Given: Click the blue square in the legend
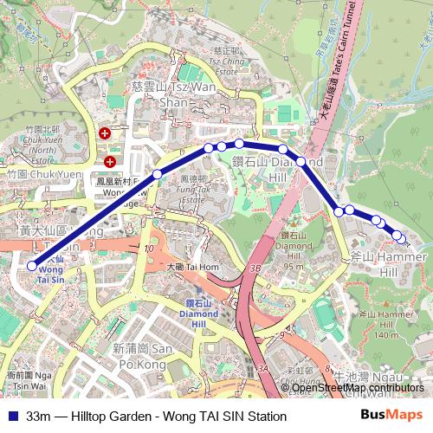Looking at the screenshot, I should pyautogui.click(x=12, y=417).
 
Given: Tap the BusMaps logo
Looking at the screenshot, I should pyautogui.click(x=391, y=416).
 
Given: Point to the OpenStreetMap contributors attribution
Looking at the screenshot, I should pyautogui.click(x=358, y=388).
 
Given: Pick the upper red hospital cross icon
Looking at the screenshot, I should pyautogui.click(x=105, y=133).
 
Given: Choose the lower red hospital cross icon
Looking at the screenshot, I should pyautogui.click(x=110, y=161).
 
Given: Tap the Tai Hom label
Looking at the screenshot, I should pyautogui.click(x=196, y=266).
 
